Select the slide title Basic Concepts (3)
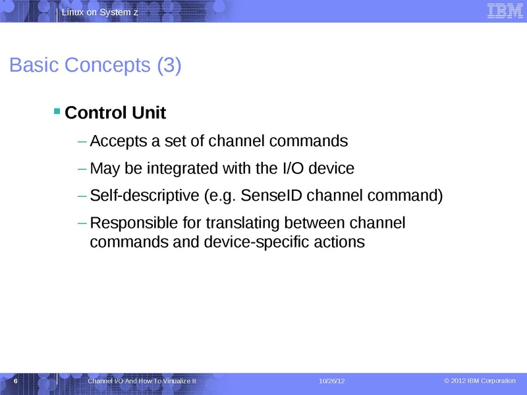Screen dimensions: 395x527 tap(95, 66)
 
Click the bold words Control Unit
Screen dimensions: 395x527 tap(115, 113)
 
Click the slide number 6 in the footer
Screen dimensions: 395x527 tap(14, 382)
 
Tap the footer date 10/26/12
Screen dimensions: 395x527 tap(331, 382)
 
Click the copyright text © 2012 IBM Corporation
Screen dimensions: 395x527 tap(480, 381)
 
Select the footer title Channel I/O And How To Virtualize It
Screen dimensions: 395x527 tap(142, 382)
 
